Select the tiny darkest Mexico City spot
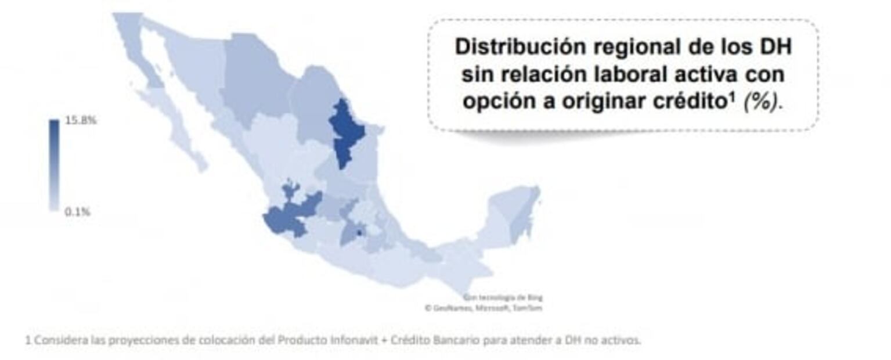[x=359, y=233]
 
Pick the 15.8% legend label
[x=81, y=121]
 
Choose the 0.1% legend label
[x=77, y=212]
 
